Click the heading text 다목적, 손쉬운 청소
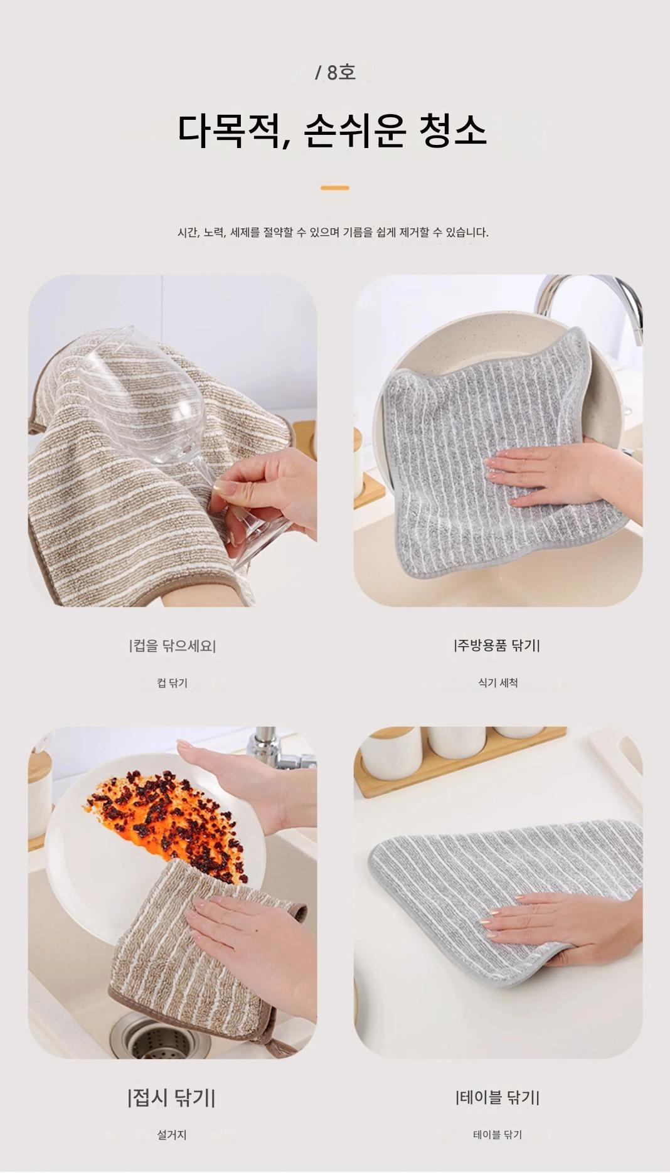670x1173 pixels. pos(332,131)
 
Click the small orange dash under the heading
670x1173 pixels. pos(335,188)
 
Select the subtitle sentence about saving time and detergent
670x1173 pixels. pos(333,232)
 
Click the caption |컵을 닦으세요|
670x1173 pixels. pos(173,645)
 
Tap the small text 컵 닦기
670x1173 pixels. pos(173,682)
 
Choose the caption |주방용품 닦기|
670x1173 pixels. pos(497,645)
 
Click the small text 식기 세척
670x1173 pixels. pos(498,682)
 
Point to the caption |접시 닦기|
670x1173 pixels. pos(172,1098)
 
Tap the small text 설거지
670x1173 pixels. pos(172,1135)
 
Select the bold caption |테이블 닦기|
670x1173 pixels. pos(497,1097)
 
